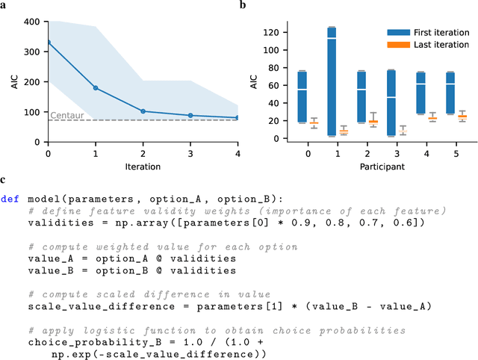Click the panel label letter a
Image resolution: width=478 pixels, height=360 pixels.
4,6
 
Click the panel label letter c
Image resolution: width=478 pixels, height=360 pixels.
4,180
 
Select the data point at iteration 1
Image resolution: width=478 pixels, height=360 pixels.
96,88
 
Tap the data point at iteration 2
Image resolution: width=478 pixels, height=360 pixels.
143,111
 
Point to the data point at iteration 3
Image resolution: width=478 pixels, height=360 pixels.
190,115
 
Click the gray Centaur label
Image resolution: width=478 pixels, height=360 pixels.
64,115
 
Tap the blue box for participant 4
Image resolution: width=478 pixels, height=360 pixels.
420,93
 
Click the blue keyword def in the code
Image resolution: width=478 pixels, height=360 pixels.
10,199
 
